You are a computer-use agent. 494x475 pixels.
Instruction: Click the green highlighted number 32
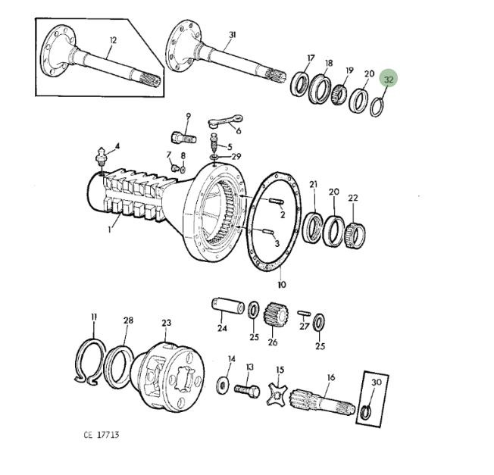point(389,79)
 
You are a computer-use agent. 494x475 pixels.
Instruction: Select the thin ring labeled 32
point(372,107)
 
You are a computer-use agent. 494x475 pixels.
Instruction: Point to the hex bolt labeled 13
point(247,391)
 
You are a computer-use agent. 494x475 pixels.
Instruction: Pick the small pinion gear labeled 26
point(275,315)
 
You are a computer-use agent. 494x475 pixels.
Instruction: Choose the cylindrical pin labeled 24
point(227,305)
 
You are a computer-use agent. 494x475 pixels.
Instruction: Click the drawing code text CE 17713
point(102,435)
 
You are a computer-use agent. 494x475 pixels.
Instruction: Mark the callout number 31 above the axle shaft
point(232,35)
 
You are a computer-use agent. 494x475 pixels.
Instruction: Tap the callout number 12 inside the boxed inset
point(113,40)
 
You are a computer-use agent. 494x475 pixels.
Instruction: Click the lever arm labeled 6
point(226,121)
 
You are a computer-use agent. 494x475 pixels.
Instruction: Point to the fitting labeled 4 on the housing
point(102,156)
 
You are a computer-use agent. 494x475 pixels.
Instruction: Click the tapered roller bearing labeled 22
point(355,235)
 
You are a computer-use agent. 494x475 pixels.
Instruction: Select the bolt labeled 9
point(184,139)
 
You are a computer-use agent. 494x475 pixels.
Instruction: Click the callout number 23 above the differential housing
point(167,323)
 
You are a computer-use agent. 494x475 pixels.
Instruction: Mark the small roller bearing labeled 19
point(339,94)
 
